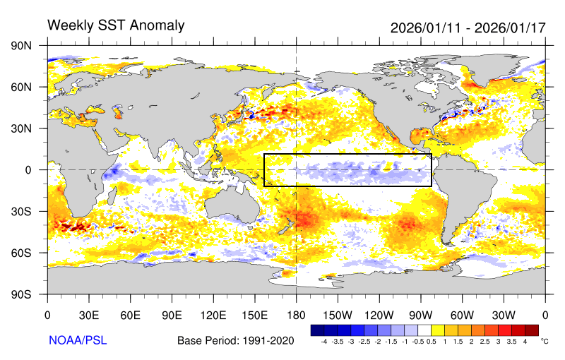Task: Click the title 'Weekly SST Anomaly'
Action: [116, 25]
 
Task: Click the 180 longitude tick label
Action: [296, 315]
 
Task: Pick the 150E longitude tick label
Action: [254, 315]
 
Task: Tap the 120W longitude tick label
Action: [379, 315]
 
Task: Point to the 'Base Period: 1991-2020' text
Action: [234, 341]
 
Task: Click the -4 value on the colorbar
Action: [323, 341]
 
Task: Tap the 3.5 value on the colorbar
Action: [512, 341]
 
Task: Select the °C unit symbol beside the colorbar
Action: [544, 340]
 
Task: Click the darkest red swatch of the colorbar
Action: [531, 330]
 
